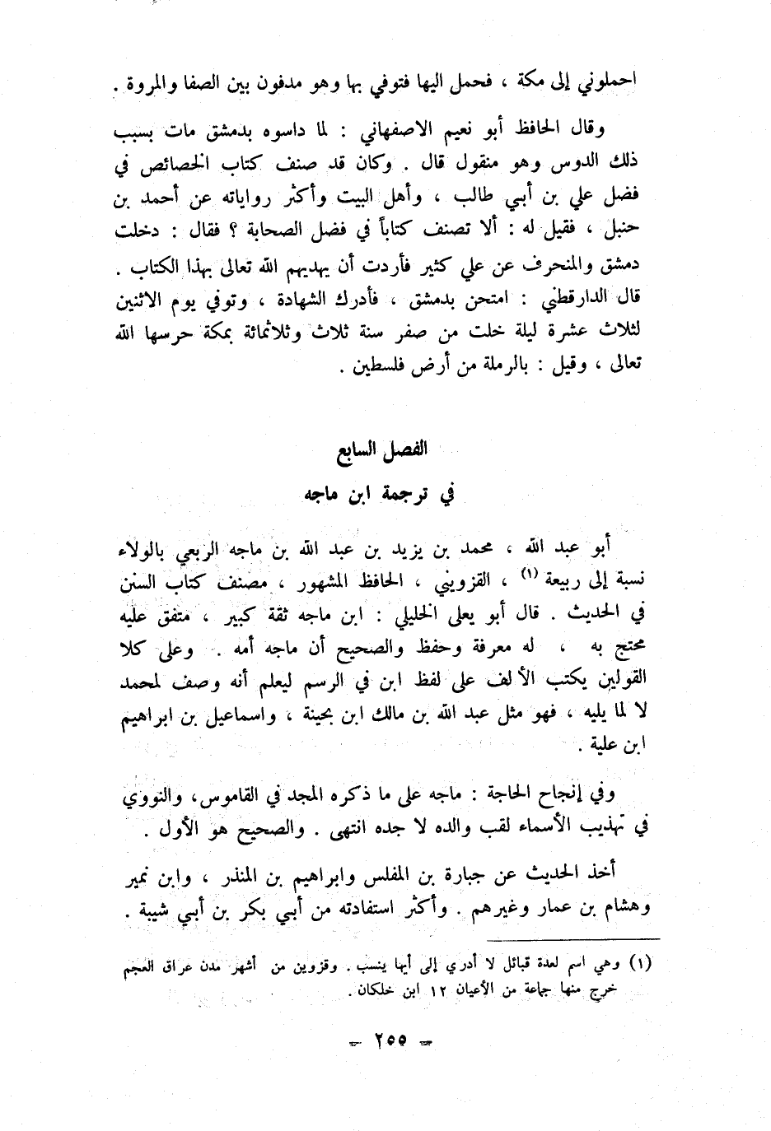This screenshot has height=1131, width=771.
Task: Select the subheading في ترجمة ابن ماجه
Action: point(386,494)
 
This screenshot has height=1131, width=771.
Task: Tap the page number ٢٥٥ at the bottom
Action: point(386,1040)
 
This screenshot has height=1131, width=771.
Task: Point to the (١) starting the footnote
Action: point(641,964)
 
